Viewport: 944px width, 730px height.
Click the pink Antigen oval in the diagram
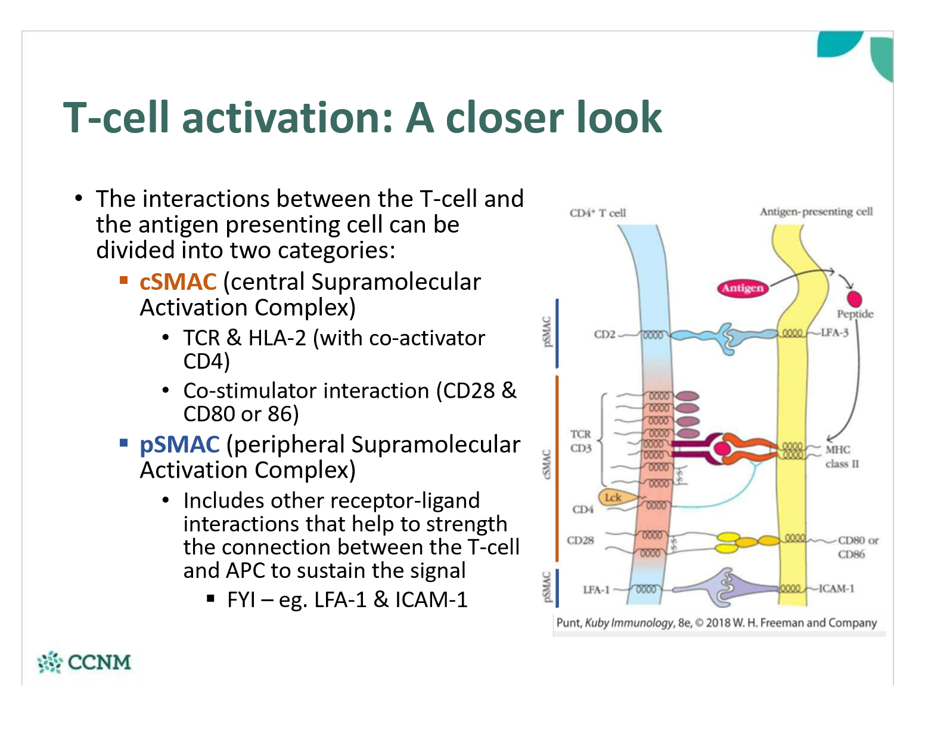coord(742,288)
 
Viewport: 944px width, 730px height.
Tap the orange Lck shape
coord(613,497)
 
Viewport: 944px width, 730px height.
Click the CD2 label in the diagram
coord(604,334)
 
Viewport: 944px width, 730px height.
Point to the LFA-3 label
coord(834,332)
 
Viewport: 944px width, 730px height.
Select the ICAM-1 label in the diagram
coord(836,589)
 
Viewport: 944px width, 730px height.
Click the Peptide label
coord(855,314)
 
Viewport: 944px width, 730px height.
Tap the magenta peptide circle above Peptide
coord(854,299)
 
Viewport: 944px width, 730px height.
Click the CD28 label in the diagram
coord(580,540)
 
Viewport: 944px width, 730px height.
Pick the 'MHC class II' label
coord(841,456)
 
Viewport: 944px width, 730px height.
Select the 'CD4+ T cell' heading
coord(597,213)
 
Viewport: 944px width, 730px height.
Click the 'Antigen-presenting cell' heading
coord(816,212)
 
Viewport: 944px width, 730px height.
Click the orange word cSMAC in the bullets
coord(178,282)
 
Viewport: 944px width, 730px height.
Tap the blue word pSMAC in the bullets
coord(179,445)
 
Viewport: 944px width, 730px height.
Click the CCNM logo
coord(84,662)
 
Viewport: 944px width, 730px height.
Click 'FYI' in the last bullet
coord(241,599)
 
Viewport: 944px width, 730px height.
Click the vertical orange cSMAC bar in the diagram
coord(557,468)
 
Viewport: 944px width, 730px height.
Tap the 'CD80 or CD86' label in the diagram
coord(858,547)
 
